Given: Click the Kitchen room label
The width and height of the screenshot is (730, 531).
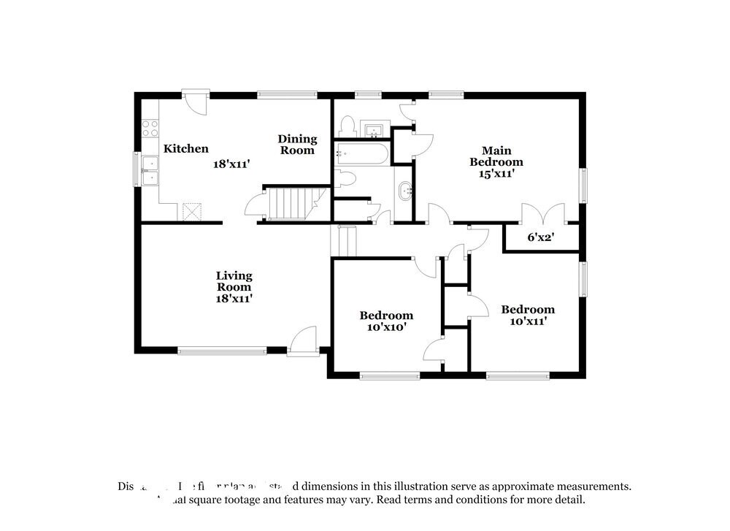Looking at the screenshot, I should point(185,149).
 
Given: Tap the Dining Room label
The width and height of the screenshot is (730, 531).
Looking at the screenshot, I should point(297,145).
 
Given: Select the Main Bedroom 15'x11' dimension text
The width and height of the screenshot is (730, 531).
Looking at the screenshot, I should point(496,174).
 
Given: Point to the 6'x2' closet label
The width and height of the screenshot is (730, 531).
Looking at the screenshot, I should point(542,237).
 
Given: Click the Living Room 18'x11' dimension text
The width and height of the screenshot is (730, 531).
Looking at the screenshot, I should point(234,298).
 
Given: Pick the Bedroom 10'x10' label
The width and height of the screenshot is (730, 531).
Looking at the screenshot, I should point(386,321).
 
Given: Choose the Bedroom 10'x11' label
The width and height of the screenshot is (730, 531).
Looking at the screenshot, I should point(527,315).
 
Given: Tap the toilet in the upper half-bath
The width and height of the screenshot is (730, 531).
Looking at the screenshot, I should point(348,126).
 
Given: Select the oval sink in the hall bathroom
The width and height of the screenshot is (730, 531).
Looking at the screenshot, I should point(404,191).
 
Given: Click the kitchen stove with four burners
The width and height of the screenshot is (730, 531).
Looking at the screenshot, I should point(150,129).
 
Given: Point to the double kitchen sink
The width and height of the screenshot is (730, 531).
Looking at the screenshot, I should point(150,170).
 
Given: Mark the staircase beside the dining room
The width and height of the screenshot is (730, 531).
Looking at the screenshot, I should point(291,202).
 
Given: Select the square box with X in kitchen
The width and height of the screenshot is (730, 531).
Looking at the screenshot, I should point(192,211).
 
